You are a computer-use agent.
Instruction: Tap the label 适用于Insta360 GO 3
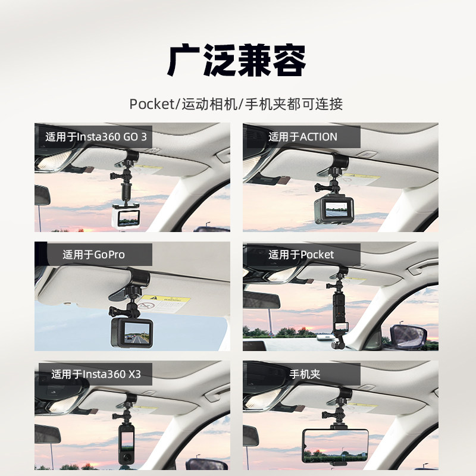[x=96, y=137]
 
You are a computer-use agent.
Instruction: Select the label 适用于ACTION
[x=302, y=137]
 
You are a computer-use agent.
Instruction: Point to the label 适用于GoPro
[x=93, y=255]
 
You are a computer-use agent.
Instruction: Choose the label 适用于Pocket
[x=301, y=255]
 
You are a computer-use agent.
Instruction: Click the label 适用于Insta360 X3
[x=96, y=374]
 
